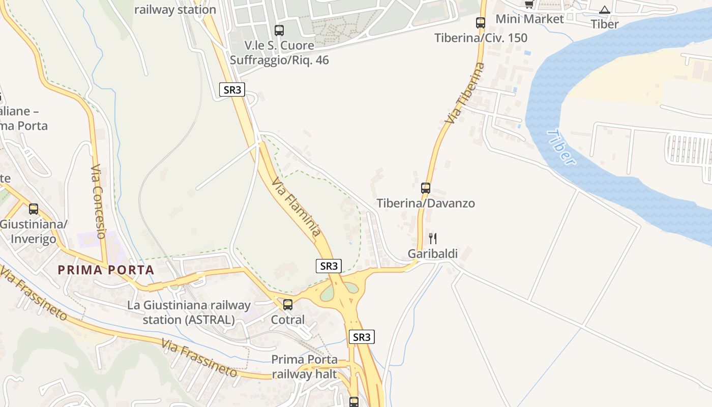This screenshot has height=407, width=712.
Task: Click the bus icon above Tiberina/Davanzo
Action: (x=426, y=188)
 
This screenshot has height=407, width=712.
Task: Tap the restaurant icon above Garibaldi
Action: (x=433, y=238)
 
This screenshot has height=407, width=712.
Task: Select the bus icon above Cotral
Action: (x=288, y=304)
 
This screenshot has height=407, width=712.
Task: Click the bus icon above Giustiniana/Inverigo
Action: (x=34, y=209)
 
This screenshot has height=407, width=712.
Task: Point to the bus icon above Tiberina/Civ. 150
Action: (x=481, y=22)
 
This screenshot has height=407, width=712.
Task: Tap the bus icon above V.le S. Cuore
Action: (x=279, y=30)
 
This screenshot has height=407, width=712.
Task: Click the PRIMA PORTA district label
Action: (x=106, y=270)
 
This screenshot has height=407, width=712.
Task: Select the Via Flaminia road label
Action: (x=296, y=207)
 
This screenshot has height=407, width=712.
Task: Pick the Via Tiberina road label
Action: (x=464, y=93)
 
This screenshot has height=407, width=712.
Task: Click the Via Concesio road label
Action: (x=98, y=201)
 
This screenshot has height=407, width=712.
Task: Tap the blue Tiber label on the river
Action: (x=562, y=148)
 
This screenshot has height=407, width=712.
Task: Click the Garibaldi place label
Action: (x=433, y=254)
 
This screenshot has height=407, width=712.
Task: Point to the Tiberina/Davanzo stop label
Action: (x=426, y=203)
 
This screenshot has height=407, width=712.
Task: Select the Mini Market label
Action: (x=529, y=19)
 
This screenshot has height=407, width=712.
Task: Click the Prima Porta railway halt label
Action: (x=304, y=367)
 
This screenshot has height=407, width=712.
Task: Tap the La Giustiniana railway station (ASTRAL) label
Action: (x=189, y=312)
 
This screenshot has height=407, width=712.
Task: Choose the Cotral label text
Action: (x=288, y=320)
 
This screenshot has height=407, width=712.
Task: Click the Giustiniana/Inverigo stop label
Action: (x=34, y=231)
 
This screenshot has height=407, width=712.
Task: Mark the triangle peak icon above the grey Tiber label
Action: (x=604, y=10)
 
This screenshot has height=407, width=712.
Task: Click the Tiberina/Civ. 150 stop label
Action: (x=481, y=38)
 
